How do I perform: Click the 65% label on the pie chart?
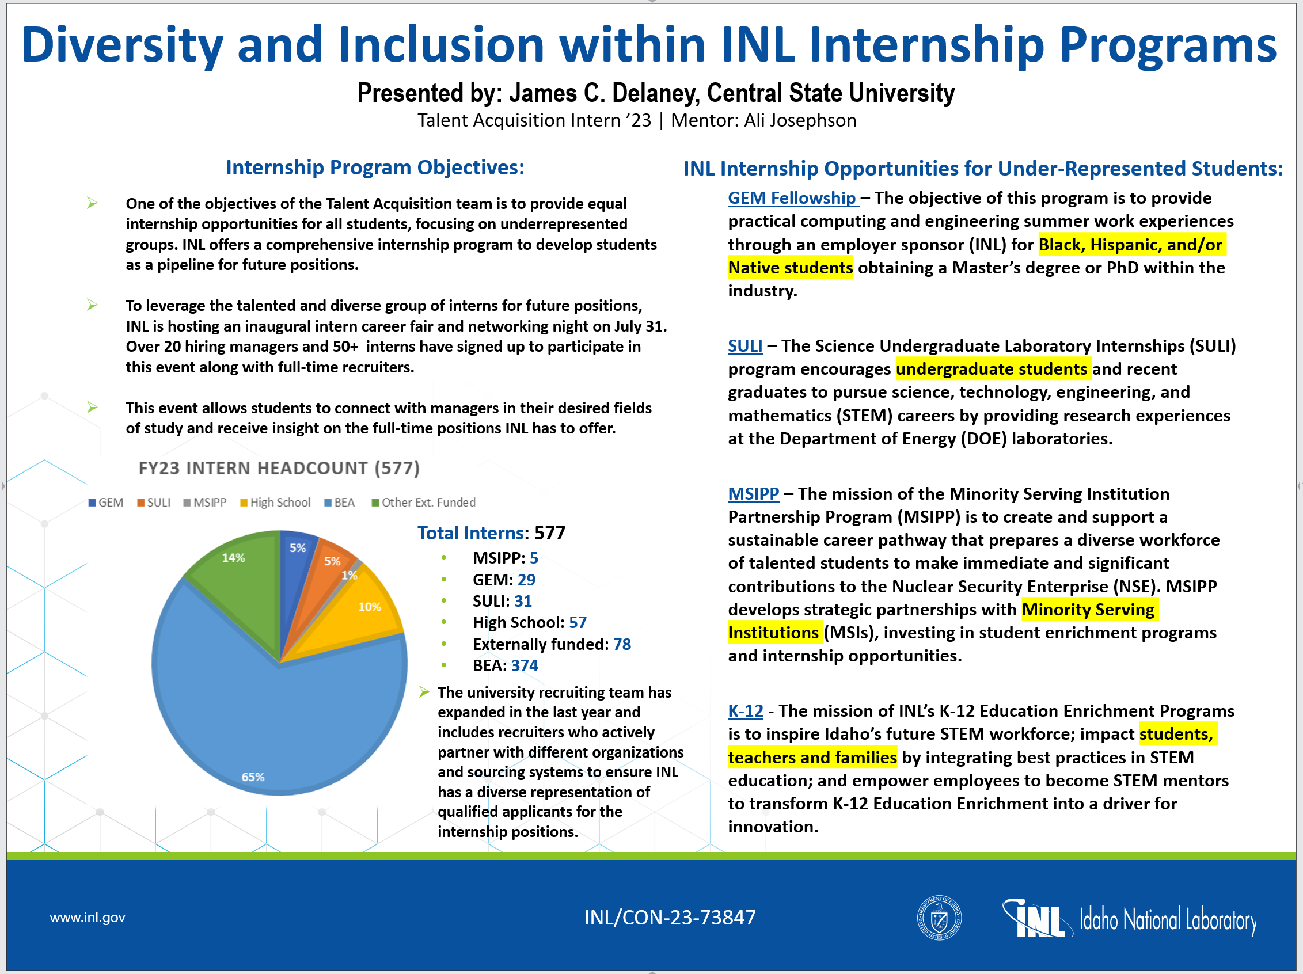(x=253, y=777)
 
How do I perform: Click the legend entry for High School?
(x=275, y=503)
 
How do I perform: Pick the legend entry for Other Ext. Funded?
(x=424, y=503)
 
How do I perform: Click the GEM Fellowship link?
(x=792, y=198)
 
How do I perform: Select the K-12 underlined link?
(x=745, y=711)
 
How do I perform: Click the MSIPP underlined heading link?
(x=753, y=493)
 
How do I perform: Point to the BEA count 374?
(x=525, y=665)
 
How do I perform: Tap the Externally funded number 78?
(x=621, y=644)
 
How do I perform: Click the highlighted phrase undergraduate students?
(x=992, y=369)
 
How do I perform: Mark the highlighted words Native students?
(x=790, y=268)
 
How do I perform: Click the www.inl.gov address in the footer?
(x=87, y=918)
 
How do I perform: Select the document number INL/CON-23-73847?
(x=670, y=918)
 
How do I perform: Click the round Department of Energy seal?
(x=939, y=918)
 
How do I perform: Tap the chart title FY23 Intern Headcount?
(x=279, y=468)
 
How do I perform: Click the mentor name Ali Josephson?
(x=800, y=120)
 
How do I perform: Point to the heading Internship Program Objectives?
(x=375, y=168)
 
